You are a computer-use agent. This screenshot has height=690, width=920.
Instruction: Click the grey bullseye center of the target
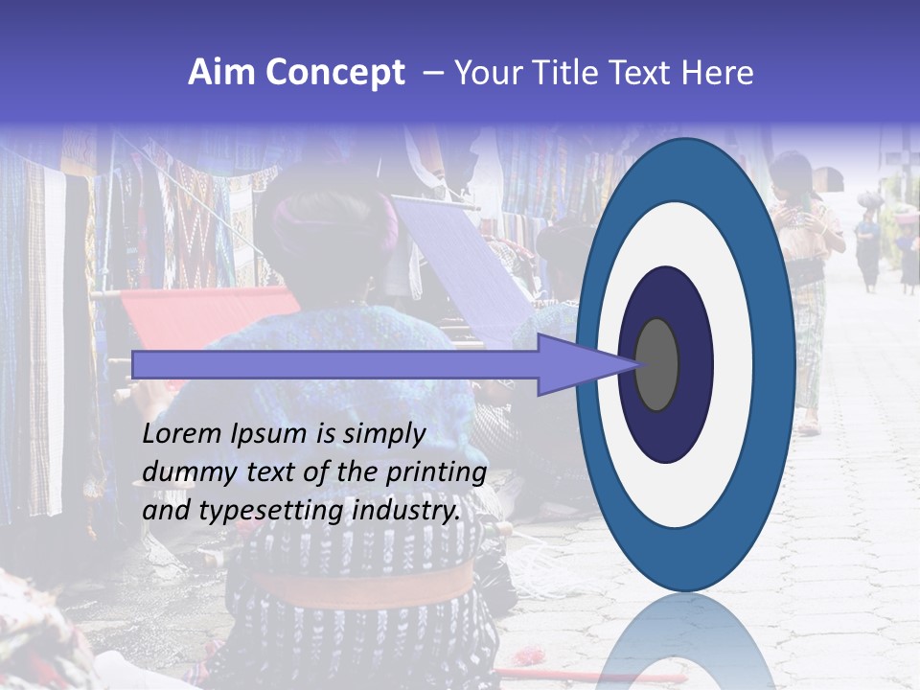tap(656, 364)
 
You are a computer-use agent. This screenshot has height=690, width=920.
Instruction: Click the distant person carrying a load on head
tap(868, 240)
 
